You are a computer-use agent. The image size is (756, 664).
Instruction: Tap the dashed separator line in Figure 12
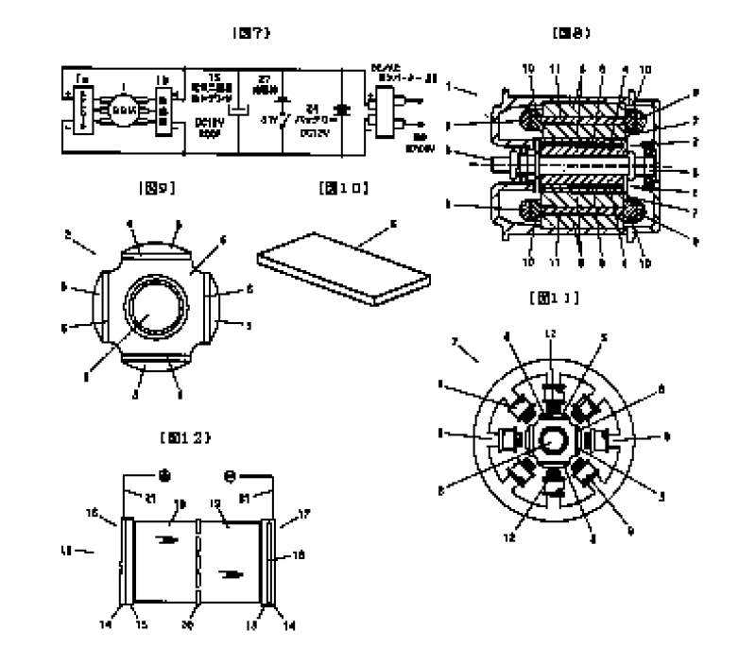tap(198, 561)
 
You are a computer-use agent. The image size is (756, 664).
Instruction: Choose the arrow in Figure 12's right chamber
tap(231, 572)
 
